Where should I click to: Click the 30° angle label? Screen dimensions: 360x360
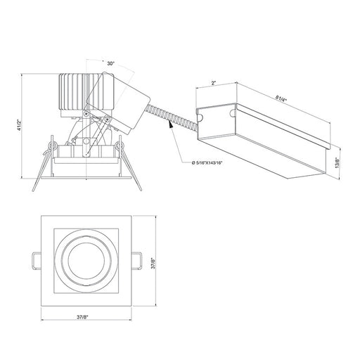110,63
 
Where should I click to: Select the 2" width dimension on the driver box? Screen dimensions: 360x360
213,83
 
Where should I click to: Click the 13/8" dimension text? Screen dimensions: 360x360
337,162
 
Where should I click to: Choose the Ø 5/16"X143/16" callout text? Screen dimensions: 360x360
207,163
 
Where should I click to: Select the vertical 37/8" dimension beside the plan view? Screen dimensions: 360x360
153,264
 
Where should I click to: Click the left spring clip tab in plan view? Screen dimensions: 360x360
37,261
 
